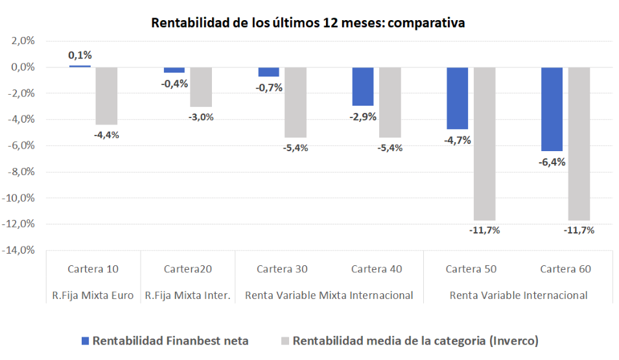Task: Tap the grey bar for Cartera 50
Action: pyautogui.click(x=484, y=143)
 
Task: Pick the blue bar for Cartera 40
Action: pyautogui.click(x=363, y=86)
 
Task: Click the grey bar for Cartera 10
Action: pyautogui.click(x=106, y=96)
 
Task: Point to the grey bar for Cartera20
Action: pyautogui.click(x=201, y=87)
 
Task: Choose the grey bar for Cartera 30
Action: pyautogui.click(x=295, y=102)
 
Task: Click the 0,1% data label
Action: pyautogui.click(x=80, y=56)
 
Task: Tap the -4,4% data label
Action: pyautogui.click(x=106, y=135)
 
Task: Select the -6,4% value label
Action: pyautogui.click(x=552, y=162)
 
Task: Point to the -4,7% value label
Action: pyautogui.click(x=458, y=140)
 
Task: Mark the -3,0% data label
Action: pyautogui.click(x=201, y=117)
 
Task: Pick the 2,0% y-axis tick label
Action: pyautogui.click(x=23, y=41)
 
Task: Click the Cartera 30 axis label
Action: pyautogui.click(x=282, y=269)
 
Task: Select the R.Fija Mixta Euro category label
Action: pyautogui.click(x=93, y=295)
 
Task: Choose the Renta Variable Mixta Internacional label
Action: pyautogui.click(x=329, y=295)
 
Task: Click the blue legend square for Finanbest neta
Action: pyautogui.click(x=85, y=341)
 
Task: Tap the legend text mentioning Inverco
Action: pyautogui.click(x=415, y=341)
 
